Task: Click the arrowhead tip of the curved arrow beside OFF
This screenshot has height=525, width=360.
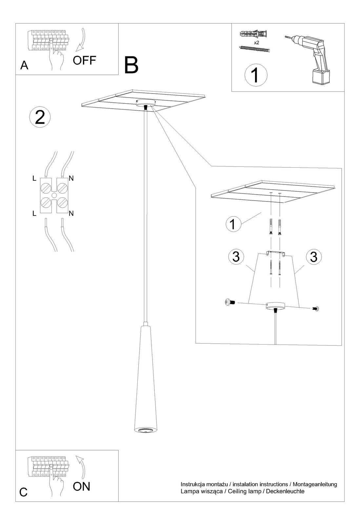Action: (76, 51)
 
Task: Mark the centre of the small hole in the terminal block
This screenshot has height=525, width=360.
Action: (54, 196)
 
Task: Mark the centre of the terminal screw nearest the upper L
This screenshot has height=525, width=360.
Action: (46, 188)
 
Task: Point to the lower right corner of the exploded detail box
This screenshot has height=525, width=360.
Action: (342, 346)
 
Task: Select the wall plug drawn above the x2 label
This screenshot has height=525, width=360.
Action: (254, 34)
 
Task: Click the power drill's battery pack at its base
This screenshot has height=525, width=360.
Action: (321, 77)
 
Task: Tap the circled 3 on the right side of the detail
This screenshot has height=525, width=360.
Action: (314, 257)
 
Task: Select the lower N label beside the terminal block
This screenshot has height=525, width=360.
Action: (71, 214)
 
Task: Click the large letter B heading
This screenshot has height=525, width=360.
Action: (131, 65)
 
